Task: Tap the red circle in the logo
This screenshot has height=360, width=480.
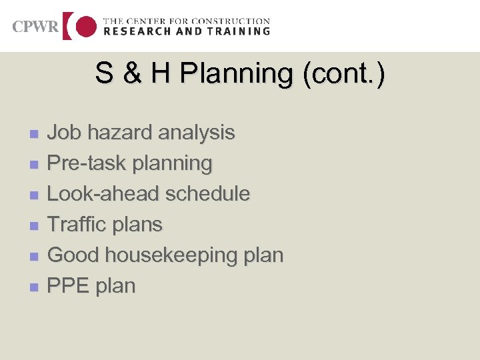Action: coord(85,27)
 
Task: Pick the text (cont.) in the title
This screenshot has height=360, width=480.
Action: coord(343,73)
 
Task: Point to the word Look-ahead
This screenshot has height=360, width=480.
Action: coord(104,193)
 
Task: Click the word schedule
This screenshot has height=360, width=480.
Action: coord(208,193)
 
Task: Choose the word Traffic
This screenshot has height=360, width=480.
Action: coord(75,224)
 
